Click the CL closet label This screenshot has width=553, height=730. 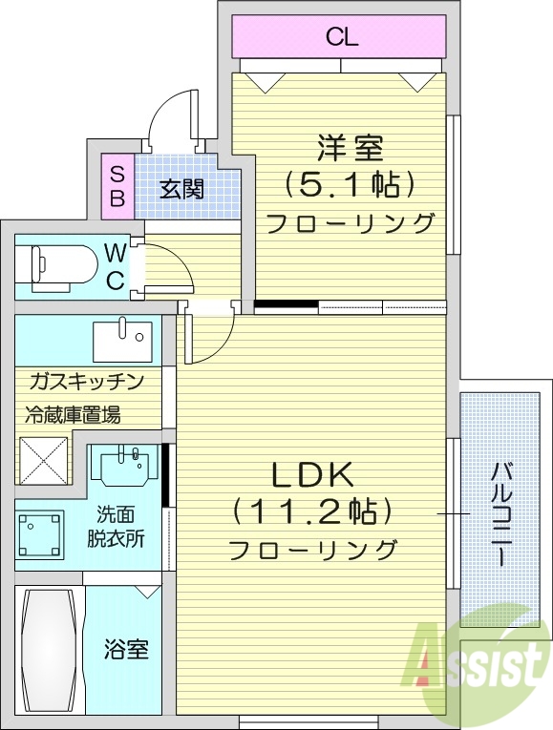(x=340, y=38)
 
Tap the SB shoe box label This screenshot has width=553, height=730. (x=117, y=187)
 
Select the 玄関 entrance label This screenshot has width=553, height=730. (x=181, y=188)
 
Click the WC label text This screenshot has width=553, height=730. (x=115, y=266)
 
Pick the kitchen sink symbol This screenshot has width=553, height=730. (x=122, y=336)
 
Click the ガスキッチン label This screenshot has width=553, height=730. (x=86, y=383)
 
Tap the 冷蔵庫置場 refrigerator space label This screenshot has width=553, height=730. (x=73, y=415)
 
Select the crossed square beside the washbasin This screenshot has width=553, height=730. (x=44, y=460)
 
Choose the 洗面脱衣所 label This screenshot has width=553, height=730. (x=120, y=526)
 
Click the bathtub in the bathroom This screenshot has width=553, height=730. (x=50, y=649)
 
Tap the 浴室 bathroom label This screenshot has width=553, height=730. (x=126, y=650)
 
